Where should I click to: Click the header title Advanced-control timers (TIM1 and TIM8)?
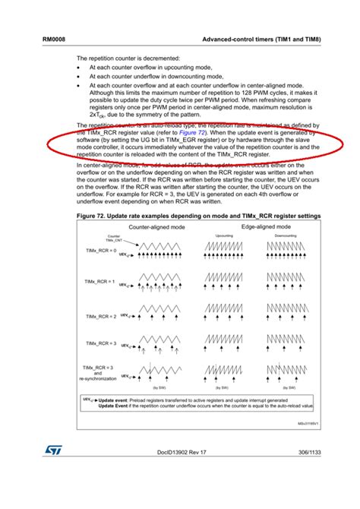pos(259,38)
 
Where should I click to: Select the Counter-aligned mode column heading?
pos(155,226)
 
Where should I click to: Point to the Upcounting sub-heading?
pos(225,236)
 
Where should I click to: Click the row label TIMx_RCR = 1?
pos(100,282)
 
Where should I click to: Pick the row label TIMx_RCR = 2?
pos(100,316)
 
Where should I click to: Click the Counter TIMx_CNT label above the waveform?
pos(115,237)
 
